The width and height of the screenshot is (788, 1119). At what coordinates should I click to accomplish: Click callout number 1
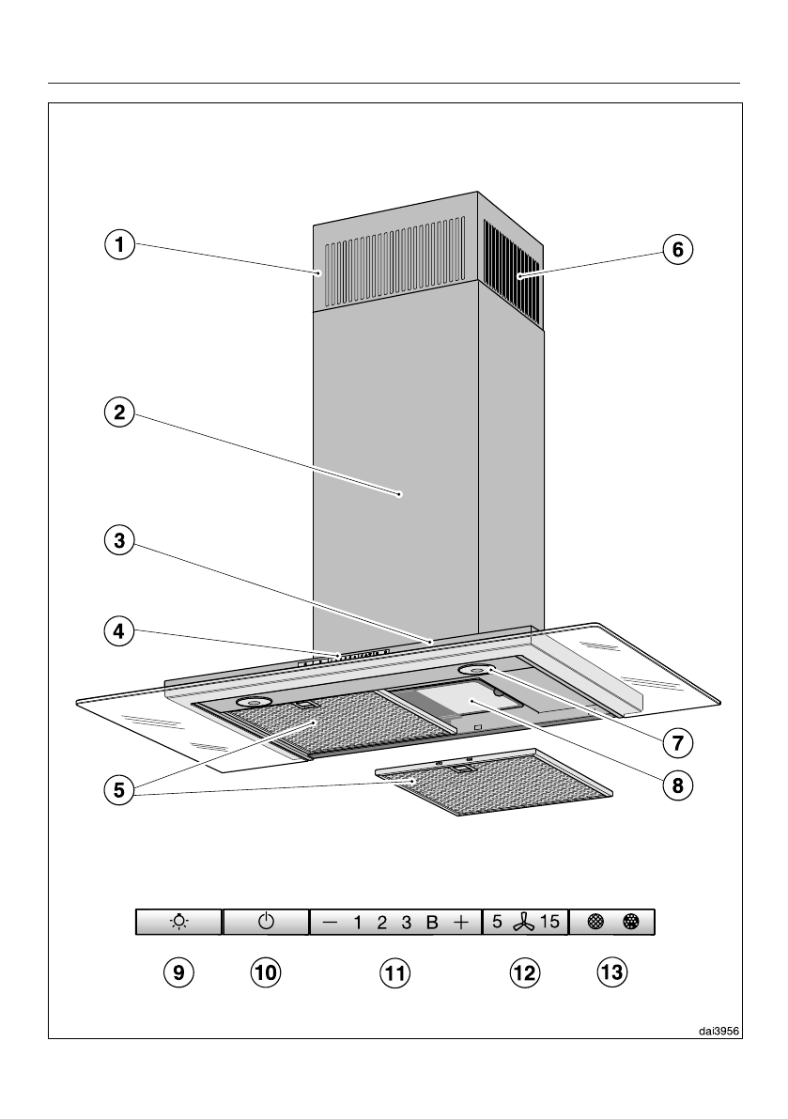[117, 246]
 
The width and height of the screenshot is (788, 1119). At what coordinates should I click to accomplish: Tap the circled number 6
[677, 250]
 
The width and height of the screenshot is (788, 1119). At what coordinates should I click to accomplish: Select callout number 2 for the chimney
[117, 412]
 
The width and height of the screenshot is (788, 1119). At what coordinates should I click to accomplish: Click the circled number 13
[611, 972]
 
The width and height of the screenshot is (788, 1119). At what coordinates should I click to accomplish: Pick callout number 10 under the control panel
[266, 972]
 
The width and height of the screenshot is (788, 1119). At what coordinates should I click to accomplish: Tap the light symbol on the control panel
[178, 922]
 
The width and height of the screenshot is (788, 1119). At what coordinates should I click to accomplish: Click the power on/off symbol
[266, 922]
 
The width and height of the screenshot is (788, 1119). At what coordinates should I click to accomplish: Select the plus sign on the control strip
[460, 923]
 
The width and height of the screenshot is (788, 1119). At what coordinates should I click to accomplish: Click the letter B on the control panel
[432, 923]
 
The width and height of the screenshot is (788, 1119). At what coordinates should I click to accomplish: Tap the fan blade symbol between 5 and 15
[522, 922]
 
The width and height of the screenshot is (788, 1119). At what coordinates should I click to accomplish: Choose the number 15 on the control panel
[549, 922]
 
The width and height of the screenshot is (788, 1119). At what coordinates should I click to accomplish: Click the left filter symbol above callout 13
[595, 922]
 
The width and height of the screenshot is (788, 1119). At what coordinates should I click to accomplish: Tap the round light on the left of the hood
[255, 703]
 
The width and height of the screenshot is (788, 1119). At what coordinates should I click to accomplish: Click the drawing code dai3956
[718, 1030]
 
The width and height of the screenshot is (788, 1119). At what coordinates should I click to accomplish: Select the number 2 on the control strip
[382, 923]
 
